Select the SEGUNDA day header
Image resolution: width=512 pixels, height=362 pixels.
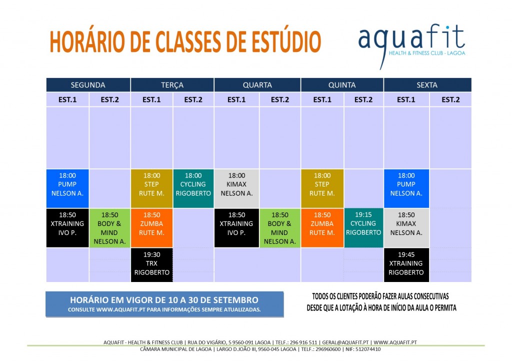pos(88,85)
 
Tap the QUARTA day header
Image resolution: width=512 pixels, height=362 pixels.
pos(257,85)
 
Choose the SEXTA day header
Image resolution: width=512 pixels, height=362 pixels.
pos(427,85)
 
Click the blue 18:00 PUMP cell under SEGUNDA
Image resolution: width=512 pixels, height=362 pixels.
pos(67,188)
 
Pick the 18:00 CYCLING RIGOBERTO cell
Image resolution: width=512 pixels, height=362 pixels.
pos(193,188)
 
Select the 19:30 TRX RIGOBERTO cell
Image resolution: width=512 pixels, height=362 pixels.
pos(152,265)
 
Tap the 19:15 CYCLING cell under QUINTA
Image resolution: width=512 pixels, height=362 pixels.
pos(363,227)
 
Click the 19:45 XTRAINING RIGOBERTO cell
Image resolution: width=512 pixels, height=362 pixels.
pos(406,265)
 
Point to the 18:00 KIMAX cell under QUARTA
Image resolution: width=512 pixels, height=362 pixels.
pos(236,188)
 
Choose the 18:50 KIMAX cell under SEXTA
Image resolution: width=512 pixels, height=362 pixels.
pos(406,227)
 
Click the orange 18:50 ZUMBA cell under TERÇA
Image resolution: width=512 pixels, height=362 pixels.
pos(152,227)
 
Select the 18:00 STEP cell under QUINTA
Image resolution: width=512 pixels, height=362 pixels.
pos(322,188)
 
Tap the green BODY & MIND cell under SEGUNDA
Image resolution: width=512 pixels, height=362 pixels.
pos(109,228)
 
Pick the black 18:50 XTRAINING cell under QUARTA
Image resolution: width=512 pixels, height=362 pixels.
pos(236,227)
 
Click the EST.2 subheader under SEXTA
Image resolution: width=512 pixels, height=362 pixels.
pos(450,99)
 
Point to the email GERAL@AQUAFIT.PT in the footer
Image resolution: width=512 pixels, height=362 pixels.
pos(346,342)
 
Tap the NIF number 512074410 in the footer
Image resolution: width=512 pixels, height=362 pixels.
pos(367,349)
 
